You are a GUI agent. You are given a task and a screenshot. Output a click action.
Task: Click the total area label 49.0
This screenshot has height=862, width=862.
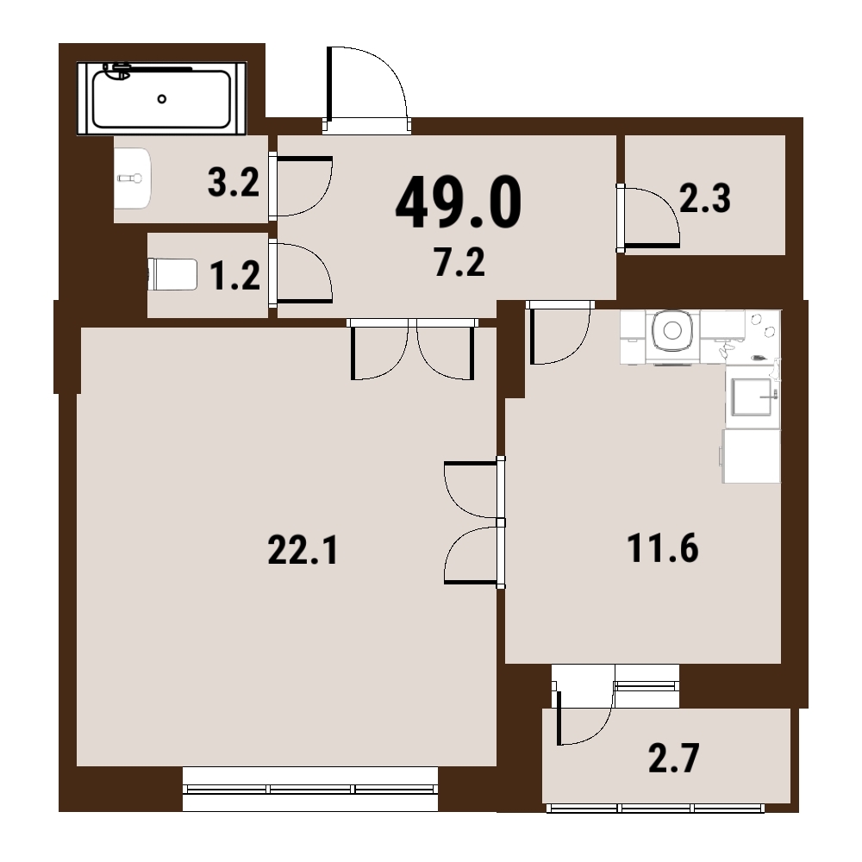[458, 203]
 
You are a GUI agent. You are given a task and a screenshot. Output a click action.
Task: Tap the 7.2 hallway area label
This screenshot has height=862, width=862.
[459, 262]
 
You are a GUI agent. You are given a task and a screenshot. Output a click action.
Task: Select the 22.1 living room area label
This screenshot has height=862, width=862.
[303, 550]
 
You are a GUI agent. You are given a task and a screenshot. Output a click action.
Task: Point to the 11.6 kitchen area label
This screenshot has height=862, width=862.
[662, 548]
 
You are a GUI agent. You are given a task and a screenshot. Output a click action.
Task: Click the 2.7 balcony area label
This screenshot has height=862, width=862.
[673, 758]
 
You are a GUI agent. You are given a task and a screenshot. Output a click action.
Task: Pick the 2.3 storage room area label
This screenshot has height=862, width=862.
[705, 198]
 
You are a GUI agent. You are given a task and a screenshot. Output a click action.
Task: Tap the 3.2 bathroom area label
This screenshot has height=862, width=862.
[234, 183]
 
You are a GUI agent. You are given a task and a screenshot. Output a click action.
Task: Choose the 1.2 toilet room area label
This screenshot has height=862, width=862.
[235, 276]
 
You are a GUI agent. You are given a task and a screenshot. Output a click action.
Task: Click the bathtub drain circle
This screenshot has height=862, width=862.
[162, 99]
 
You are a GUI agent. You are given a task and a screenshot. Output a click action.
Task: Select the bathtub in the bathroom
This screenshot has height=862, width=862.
[162, 98]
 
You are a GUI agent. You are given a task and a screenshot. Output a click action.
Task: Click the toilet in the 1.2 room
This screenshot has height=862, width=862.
[172, 274]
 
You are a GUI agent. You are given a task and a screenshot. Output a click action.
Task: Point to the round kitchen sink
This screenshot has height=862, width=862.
[672, 330]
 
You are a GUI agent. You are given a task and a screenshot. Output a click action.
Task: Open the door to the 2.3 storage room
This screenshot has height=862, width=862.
[648, 218]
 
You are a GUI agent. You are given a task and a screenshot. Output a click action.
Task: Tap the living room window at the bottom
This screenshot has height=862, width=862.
[310, 789]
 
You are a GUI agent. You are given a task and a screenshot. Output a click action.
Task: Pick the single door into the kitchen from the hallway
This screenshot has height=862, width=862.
[559, 333]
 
